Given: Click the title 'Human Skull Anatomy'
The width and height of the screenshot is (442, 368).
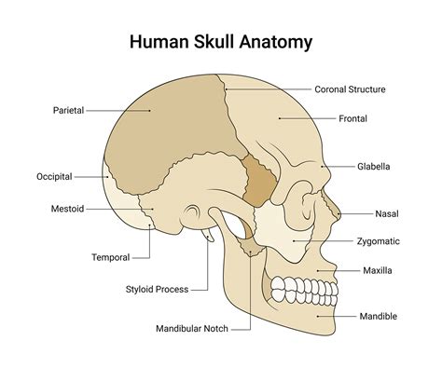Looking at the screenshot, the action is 220,42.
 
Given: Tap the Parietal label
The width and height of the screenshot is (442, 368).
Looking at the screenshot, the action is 68,110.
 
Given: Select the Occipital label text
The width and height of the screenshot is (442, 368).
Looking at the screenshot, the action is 54,176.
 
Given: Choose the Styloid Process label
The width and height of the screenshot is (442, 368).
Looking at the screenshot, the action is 157,290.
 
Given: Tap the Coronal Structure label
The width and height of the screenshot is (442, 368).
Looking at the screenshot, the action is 350,89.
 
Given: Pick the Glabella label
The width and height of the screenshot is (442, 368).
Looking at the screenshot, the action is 373,167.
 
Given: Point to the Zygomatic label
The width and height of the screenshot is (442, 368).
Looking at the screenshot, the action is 378,240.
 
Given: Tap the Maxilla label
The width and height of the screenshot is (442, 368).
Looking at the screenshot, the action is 378,270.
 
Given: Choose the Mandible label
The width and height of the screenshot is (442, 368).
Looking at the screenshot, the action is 379,316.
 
